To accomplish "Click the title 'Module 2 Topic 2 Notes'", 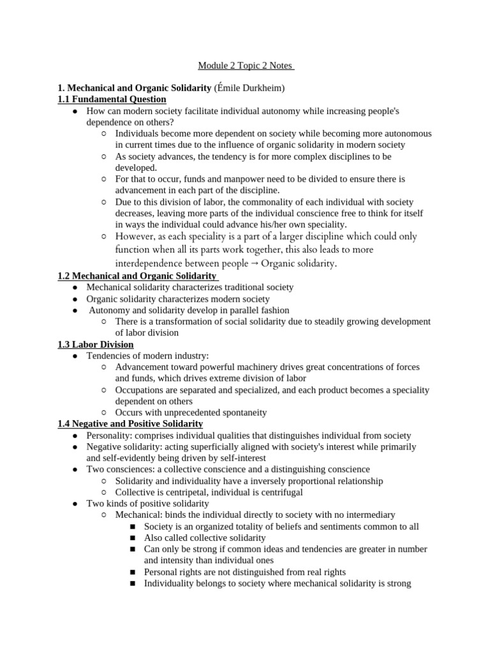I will point(245,66).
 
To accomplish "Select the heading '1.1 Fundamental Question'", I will point(112,99).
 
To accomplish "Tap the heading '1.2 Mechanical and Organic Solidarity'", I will point(138,275).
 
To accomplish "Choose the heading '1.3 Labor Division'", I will point(96,344).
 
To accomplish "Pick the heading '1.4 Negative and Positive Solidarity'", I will point(130,423).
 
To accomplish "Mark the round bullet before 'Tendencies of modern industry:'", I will point(75,356).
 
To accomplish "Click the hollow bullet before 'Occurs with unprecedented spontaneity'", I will point(104,413).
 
